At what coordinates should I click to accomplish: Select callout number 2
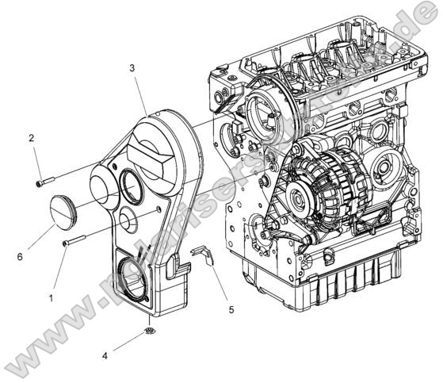[x=32, y=138]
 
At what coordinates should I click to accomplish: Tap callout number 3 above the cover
[x=132, y=69]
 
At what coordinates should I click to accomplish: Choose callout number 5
[x=231, y=309]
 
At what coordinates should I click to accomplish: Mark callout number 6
[x=19, y=255]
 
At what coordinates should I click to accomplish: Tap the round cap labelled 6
[x=62, y=208]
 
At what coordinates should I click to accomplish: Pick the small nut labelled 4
[x=150, y=328]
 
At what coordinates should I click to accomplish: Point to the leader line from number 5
[x=220, y=284]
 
